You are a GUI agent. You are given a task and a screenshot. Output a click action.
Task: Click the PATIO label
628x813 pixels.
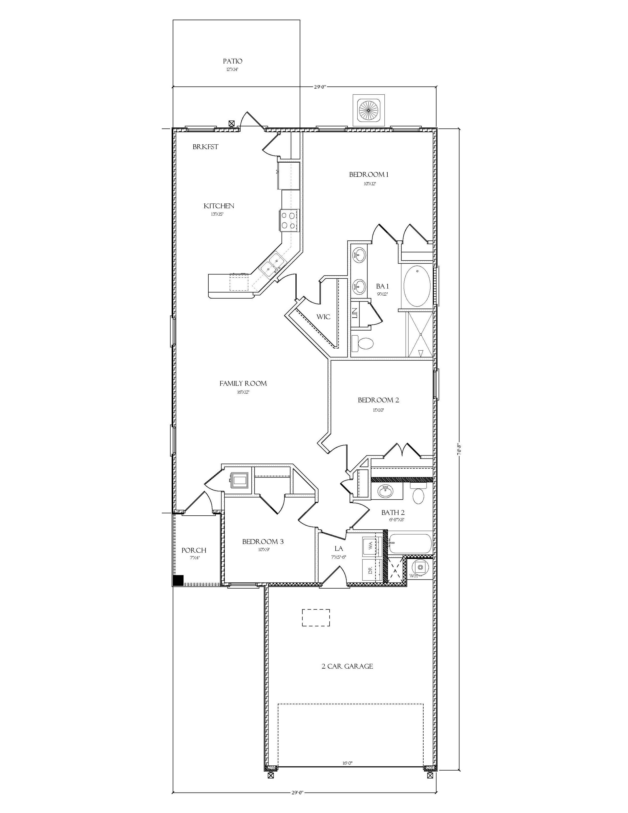coord(232,61)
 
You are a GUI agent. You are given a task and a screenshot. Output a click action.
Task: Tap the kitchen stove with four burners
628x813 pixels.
coord(288,220)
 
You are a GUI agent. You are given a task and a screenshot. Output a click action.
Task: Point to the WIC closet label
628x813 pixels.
coord(323,317)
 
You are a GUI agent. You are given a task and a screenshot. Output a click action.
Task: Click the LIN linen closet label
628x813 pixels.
coord(355,313)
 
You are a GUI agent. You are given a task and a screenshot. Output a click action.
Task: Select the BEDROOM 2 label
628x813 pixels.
coord(378,400)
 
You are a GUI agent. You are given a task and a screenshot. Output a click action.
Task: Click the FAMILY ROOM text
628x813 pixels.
coord(243,383)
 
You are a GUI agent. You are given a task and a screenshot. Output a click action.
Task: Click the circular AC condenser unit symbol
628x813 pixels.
coord(369,110)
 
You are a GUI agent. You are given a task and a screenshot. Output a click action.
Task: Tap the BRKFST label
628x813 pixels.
coord(205,147)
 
